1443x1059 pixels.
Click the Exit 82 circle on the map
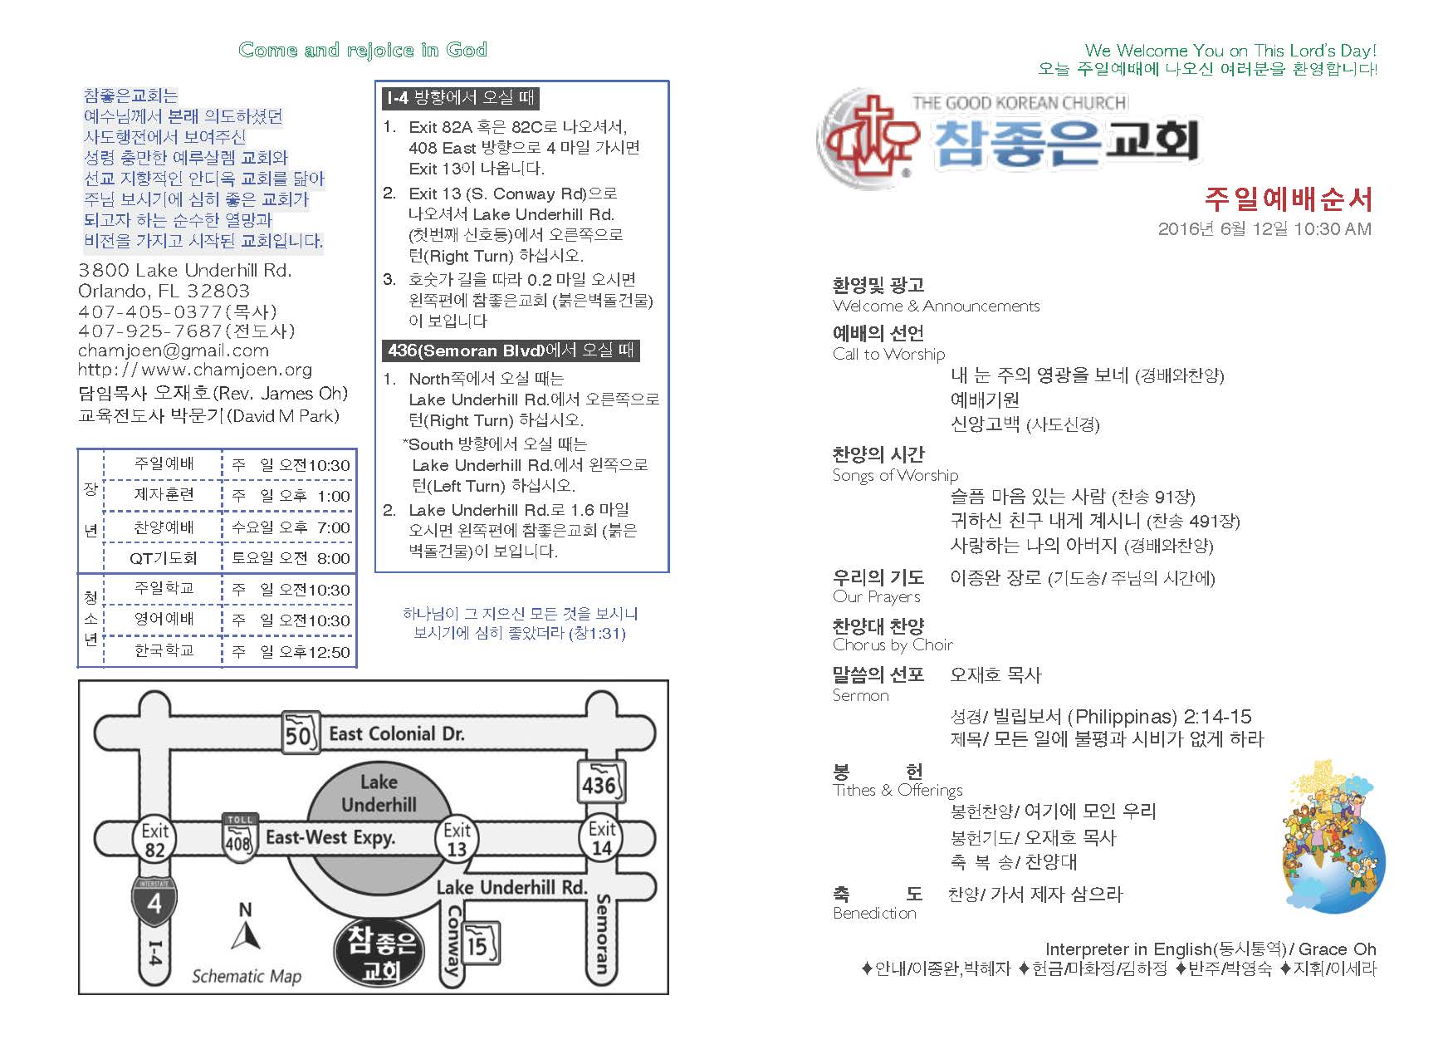tap(154, 840)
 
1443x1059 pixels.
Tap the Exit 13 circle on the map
tap(457, 840)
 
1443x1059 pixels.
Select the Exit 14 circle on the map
tap(601, 838)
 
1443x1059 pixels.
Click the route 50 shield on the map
tap(299, 733)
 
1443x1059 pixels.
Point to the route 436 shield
tap(600, 782)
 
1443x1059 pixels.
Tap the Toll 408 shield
tap(239, 838)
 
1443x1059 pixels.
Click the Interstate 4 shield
tap(154, 901)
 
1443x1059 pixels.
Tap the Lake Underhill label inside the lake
tap(379, 793)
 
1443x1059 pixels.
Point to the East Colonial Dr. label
tap(396, 733)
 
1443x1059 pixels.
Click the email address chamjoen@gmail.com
tap(173, 351)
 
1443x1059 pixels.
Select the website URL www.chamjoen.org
tap(195, 370)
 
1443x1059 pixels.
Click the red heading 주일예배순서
tap(1288, 199)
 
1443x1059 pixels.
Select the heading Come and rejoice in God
tap(363, 50)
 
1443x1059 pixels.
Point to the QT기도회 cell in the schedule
tap(163, 558)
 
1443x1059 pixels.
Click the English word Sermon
tap(860, 695)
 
